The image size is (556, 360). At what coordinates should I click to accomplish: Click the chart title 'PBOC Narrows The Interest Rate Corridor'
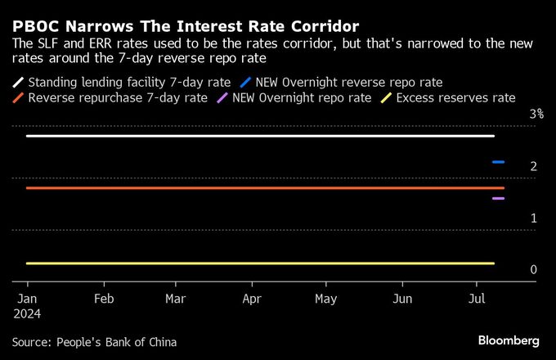180,25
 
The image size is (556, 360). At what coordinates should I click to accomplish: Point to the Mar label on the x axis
175,299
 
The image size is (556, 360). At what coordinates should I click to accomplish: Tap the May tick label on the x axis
326,299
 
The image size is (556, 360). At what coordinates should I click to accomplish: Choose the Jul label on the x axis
478,299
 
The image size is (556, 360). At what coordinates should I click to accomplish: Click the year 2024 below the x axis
27,313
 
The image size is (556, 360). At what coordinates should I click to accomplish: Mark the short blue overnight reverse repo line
498,162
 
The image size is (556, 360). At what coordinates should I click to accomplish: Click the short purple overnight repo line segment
498,198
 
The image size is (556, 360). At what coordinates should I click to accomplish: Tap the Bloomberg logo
509,340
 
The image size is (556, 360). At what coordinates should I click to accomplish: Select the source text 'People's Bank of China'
115,342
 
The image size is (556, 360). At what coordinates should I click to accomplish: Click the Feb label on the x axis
103,299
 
